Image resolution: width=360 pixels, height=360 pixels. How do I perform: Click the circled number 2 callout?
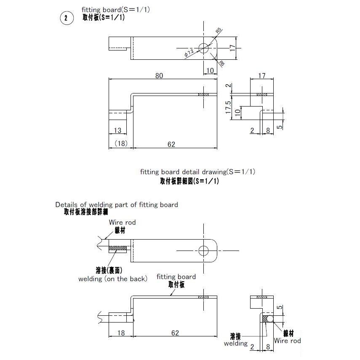point(66,18)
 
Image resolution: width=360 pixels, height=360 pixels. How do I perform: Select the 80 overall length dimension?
point(159,76)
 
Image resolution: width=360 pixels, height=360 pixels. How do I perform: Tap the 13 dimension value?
point(117,131)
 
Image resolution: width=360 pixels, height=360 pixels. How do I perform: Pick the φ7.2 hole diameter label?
point(189,53)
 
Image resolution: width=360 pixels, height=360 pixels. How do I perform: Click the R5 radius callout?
point(218,30)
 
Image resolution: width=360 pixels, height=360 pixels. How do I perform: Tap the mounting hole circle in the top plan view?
point(204,48)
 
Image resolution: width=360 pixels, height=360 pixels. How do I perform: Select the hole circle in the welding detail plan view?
point(204,251)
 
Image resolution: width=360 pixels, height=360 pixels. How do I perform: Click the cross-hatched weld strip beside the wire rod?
point(118,248)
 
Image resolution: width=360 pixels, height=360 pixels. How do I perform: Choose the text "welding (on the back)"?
point(112,279)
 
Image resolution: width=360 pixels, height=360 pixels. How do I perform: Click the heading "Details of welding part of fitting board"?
point(117,205)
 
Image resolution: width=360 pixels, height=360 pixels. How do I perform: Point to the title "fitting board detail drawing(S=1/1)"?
point(197,172)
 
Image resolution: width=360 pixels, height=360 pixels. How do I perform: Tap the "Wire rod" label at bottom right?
point(287,341)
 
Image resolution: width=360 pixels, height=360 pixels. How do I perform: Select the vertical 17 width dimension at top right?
point(232,48)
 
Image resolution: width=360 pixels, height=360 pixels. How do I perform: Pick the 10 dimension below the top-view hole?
point(210,70)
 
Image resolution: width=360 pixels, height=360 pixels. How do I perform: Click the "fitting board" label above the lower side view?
point(176,277)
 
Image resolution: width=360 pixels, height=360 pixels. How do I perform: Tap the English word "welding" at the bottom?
point(236,344)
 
